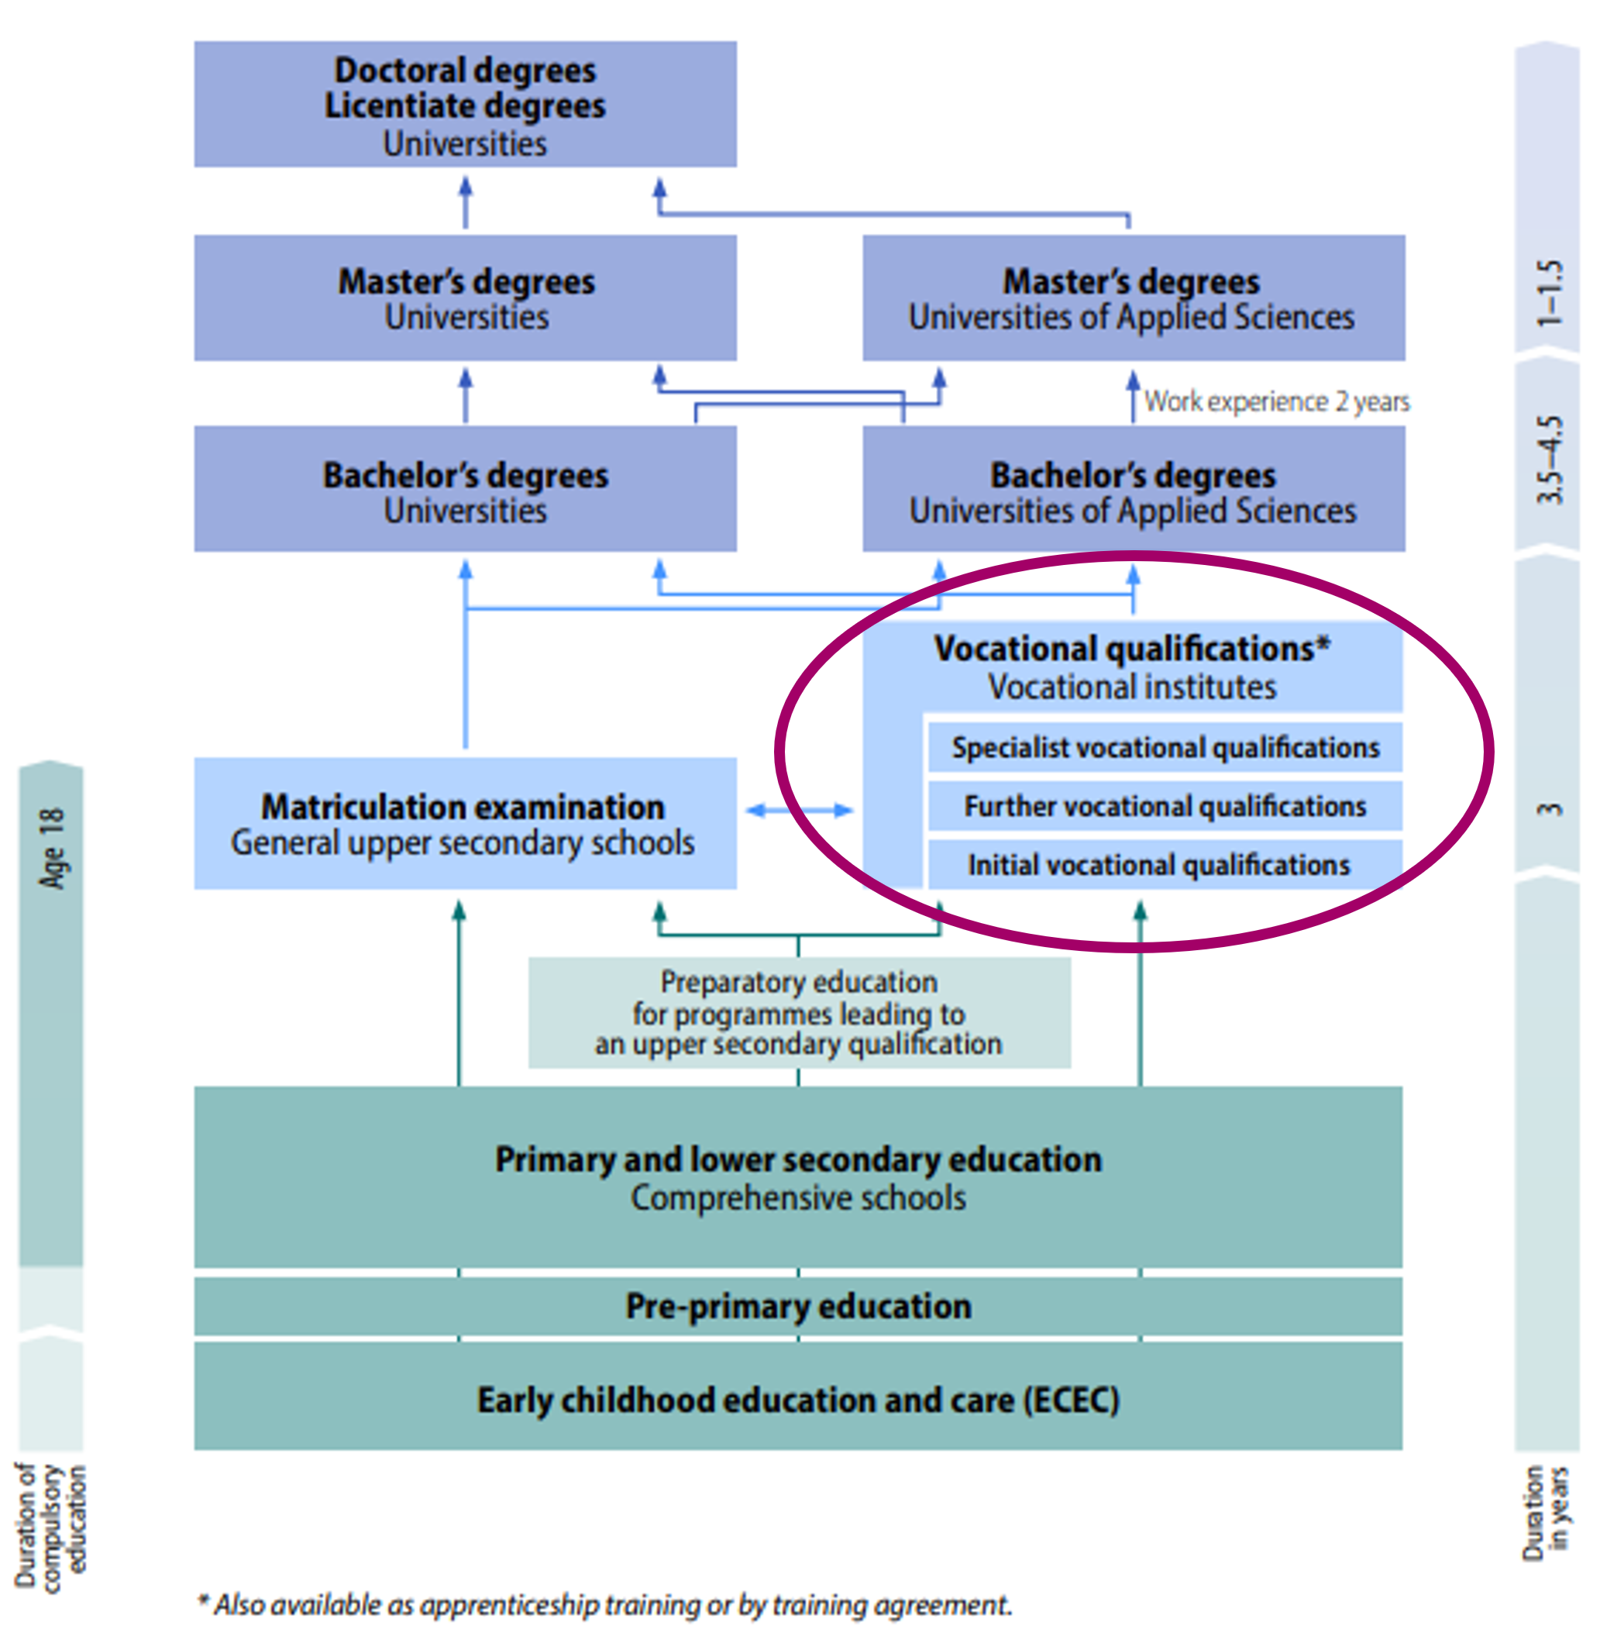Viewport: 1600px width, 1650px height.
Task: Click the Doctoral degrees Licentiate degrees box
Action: (x=465, y=104)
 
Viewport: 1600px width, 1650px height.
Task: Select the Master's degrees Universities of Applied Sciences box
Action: (x=1133, y=298)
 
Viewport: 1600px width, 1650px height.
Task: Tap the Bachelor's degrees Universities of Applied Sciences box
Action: (x=1133, y=488)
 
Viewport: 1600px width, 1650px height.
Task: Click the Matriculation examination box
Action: (x=465, y=822)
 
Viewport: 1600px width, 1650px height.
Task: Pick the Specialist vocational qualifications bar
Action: (x=1165, y=746)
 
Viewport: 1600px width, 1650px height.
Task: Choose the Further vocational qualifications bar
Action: (x=1165, y=806)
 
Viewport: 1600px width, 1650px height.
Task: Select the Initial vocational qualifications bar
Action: (x=1165, y=865)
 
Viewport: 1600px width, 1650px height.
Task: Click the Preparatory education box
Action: (x=799, y=1012)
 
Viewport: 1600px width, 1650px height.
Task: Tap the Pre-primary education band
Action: (x=798, y=1306)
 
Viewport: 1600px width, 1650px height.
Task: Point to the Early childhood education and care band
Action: (x=798, y=1400)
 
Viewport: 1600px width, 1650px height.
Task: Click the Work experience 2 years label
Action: (x=1276, y=401)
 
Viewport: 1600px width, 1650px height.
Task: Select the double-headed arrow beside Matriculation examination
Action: (x=799, y=810)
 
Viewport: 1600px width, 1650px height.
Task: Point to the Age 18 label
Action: (x=51, y=848)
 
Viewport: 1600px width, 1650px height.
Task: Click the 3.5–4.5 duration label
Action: (x=1550, y=460)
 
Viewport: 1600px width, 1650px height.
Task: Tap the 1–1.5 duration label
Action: (x=1550, y=293)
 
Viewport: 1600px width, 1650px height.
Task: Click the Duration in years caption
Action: (x=1546, y=1513)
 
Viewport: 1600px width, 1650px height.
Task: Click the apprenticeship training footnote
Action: (x=604, y=1604)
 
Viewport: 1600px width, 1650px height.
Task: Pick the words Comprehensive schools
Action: (x=798, y=1197)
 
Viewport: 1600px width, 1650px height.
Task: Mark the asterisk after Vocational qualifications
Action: (x=1323, y=644)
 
